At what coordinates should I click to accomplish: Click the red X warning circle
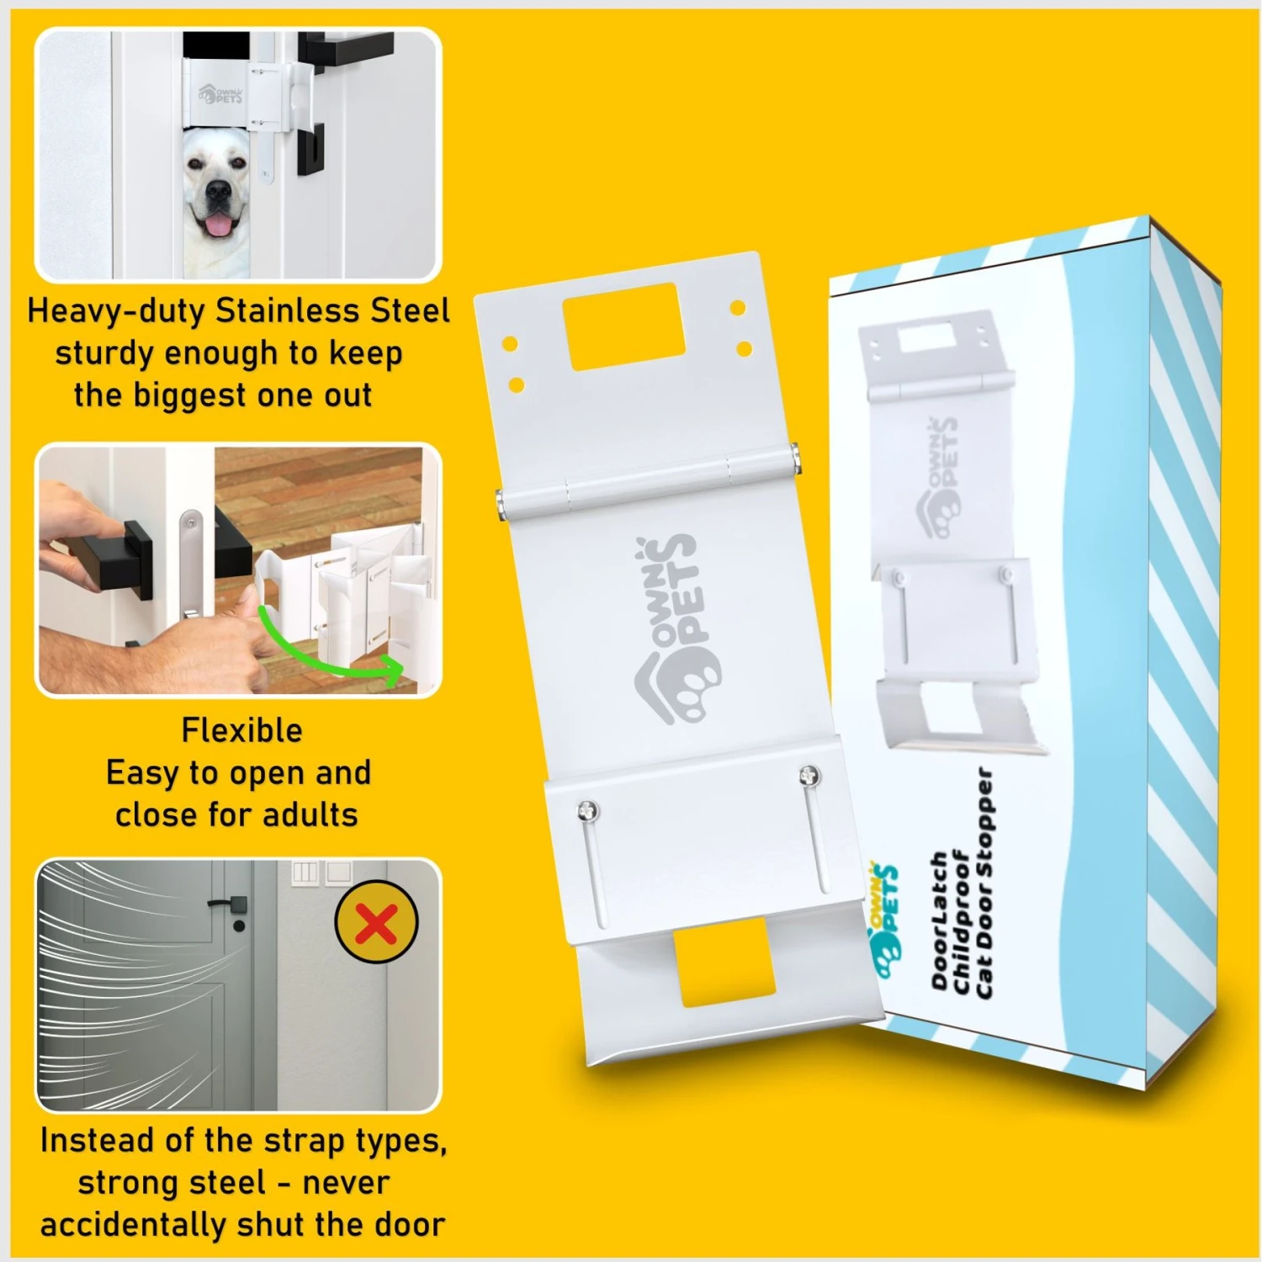pyautogui.click(x=376, y=923)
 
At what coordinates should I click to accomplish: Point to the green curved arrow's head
pyautogui.click(x=391, y=670)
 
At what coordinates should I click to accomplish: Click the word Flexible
pyautogui.click(x=241, y=730)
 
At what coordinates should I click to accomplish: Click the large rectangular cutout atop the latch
pyautogui.click(x=623, y=326)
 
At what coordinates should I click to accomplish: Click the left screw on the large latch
pyautogui.click(x=587, y=811)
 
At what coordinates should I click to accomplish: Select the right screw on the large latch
pyautogui.click(x=809, y=775)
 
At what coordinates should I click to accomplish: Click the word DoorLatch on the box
pyautogui.click(x=940, y=921)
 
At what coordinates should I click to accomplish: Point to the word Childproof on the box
pyautogui.click(x=962, y=925)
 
